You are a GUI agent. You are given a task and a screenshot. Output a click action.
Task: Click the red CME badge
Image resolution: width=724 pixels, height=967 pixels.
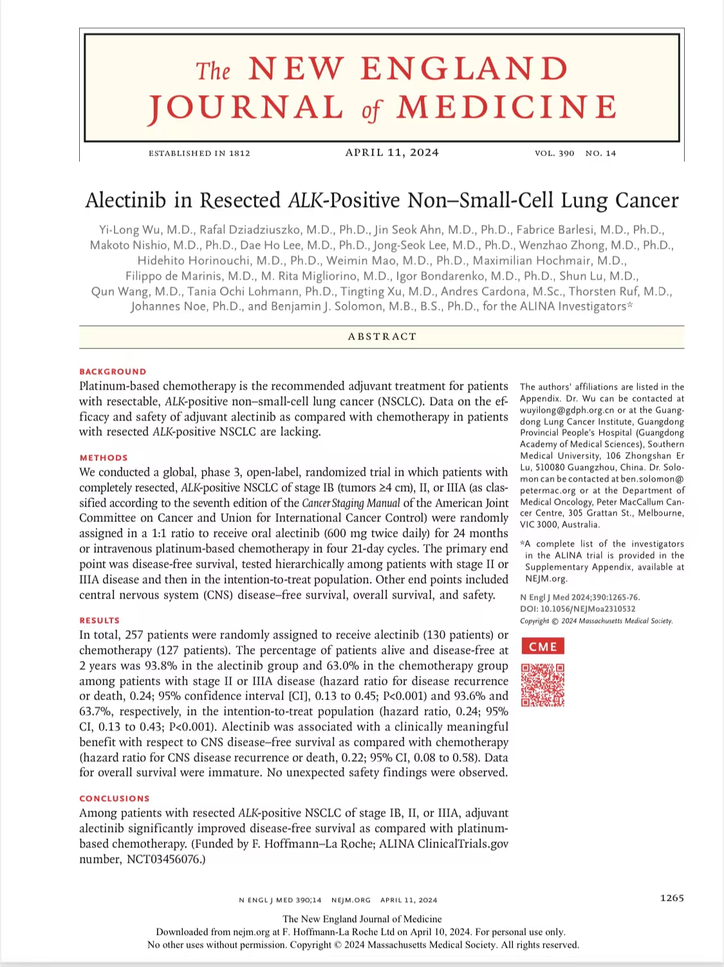point(543,646)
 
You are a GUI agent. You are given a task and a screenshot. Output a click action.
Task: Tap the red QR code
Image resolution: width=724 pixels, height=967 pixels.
point(543,685)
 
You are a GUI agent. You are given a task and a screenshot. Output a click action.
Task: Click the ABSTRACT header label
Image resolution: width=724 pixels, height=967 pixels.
point(382,336)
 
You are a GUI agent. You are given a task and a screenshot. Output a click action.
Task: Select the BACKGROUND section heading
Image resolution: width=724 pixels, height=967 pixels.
point(113,372)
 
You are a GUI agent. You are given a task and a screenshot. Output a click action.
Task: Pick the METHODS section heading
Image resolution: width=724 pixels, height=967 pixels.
point(104,458)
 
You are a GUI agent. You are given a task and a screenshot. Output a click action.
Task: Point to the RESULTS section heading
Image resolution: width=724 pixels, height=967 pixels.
point(99,620)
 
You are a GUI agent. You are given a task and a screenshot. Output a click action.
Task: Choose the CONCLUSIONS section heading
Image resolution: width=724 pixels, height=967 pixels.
point(114,799)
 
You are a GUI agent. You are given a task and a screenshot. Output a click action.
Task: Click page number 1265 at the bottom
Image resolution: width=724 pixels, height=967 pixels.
point(671,898)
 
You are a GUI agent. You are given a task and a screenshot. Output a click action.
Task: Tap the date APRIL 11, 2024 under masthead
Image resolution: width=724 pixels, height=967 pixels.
point(392,152)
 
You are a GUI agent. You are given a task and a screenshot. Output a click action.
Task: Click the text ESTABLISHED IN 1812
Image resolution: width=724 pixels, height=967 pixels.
point(200,153)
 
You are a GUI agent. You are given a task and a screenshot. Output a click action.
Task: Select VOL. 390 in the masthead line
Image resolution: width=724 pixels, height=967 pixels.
point(554,153)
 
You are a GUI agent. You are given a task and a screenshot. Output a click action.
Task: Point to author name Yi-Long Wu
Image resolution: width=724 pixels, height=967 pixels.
point(125,230)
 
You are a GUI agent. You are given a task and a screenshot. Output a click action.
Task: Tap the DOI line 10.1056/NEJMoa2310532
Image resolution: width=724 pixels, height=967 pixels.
point(577,609)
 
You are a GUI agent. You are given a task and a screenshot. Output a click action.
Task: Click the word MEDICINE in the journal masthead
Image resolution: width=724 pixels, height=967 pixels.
point(507,107)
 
